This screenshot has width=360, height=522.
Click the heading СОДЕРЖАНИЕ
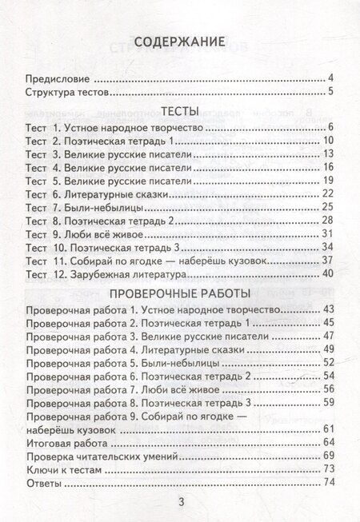point(180,43)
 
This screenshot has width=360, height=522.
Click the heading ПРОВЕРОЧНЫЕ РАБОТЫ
point(180,314)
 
